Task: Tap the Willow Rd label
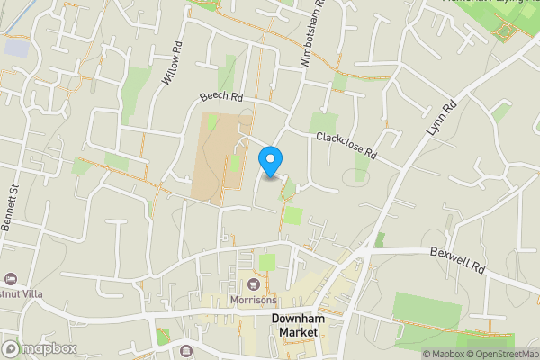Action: (172, 64)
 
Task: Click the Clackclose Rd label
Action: (345, 147)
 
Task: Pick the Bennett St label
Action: (13, 206)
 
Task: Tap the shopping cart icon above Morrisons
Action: (253, 285)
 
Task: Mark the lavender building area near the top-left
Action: (15, 47)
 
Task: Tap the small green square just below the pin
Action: (293, 215)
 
